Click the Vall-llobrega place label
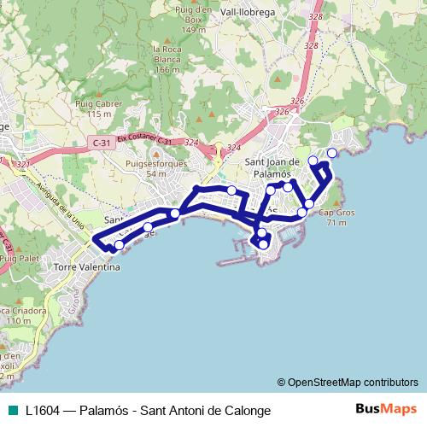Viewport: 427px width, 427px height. [248, 12]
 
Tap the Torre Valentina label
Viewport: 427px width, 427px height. [87, 266]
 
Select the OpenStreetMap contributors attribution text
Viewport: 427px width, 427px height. [353, 382]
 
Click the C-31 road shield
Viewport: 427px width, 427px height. [101, 142]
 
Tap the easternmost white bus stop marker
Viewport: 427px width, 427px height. [332, 153]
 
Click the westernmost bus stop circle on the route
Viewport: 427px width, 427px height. [119, 245]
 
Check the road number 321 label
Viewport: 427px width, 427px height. [23, 163]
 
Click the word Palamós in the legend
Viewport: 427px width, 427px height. [103, 410]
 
